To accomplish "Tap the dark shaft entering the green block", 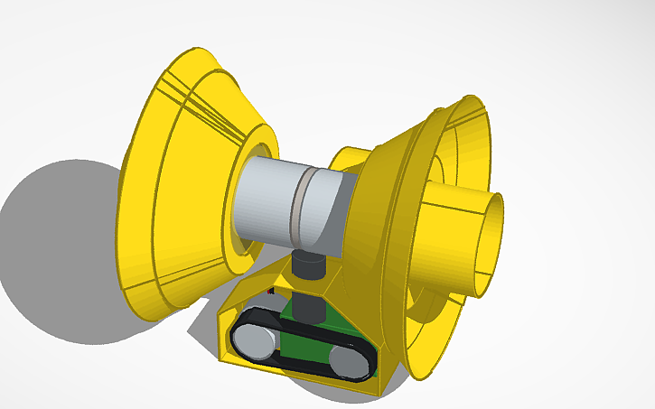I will click(309, 307).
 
